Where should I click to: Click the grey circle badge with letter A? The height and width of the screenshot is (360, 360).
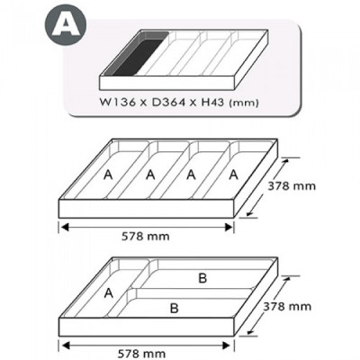66,24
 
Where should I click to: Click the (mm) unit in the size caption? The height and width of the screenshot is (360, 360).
243,103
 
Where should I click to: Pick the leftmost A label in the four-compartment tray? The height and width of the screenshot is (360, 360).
108,175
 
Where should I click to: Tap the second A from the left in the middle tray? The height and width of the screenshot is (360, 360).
150,175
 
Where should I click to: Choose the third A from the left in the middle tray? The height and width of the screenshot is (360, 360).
191,175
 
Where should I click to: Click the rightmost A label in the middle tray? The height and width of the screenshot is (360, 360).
234,175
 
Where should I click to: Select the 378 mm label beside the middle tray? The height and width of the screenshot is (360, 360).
292,186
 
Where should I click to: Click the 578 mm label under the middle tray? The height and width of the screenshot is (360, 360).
146,237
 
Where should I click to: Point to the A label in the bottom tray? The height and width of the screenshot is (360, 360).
109,293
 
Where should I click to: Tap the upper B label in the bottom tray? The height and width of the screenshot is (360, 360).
202,278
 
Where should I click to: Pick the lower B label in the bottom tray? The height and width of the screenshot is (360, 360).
174,309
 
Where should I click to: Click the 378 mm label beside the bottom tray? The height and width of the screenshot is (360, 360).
287,306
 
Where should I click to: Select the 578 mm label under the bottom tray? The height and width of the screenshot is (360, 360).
141,354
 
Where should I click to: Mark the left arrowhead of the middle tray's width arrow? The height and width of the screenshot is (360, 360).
65,227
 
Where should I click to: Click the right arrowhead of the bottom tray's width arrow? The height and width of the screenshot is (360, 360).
229,345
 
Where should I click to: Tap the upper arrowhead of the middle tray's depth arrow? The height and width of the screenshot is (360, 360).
286,162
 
